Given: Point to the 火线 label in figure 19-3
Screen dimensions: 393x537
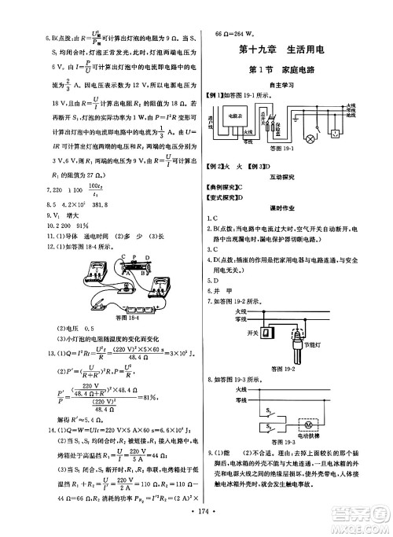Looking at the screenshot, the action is pos(244,388).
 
